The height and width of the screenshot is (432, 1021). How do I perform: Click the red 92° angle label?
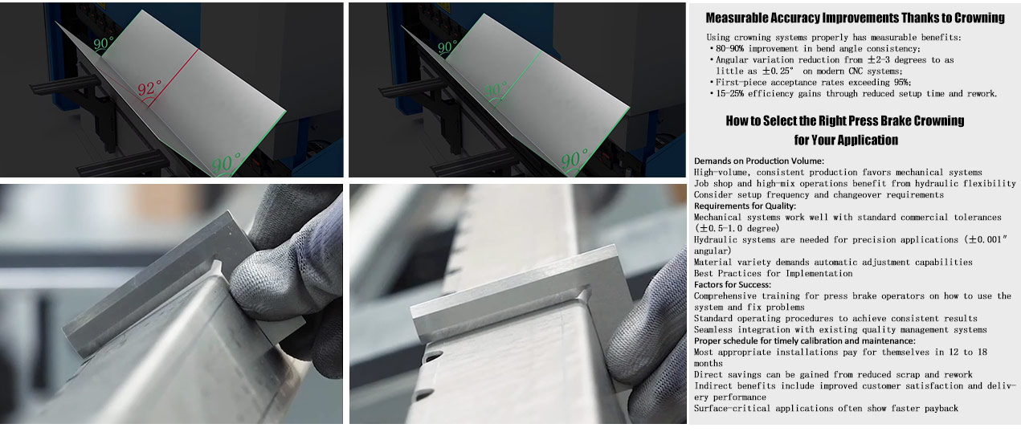click(x=150, y=88)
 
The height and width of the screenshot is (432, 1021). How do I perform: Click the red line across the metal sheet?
click(x=174, y=78)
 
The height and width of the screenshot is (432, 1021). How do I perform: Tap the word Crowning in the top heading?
click(x=979, y=18)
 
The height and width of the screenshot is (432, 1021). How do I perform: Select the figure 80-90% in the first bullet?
click(x=729, y=49)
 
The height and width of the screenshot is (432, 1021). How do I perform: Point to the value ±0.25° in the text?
click(x=778, y=71)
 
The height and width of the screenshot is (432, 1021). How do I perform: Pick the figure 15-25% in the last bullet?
click(x=729, y=93)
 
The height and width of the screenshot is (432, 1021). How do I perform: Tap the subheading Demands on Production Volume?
click(x=759, y=161)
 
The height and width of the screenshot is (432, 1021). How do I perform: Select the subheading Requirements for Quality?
click(x=745, y=206)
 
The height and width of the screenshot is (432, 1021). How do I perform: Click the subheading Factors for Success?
click(x=733, y=285)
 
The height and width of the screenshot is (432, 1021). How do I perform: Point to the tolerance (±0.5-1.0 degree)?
click(x=737, y=228)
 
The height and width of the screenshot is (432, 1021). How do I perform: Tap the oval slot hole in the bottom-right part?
click(x=434, y=356)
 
